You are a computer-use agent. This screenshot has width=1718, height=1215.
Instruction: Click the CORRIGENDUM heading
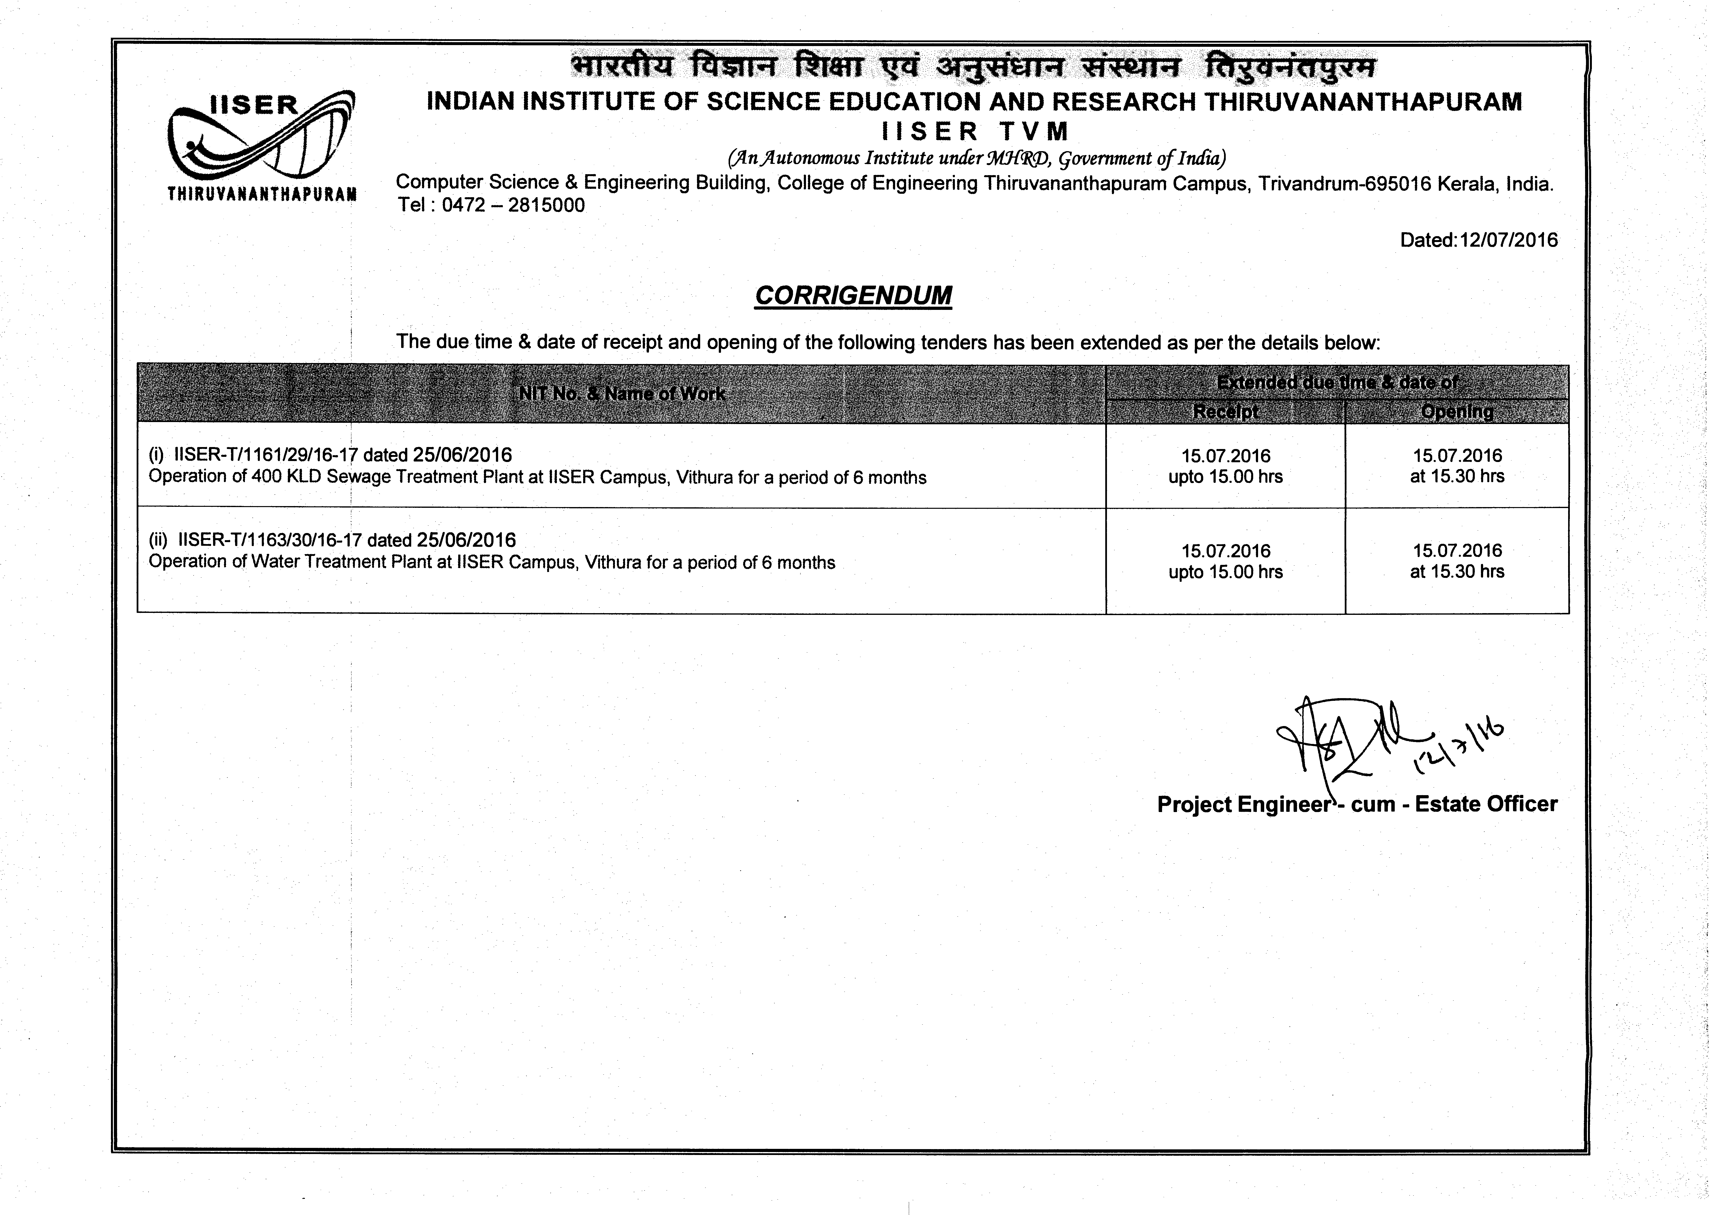coord(853,296)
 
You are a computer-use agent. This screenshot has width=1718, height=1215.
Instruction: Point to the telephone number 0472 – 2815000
coord(513,205)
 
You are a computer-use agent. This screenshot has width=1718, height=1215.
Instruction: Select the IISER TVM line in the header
coord(975,132)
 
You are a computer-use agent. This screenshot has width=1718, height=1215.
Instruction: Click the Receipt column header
coord(1226,412)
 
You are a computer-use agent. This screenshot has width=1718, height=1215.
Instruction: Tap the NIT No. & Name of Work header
coord(621,394)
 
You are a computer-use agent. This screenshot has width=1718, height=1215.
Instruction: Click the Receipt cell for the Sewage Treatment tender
coord(1226,466)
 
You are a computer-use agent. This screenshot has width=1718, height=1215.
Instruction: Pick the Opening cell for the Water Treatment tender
coord(1457,561)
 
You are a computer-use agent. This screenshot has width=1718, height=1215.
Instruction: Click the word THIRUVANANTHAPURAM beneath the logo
coord(262,195)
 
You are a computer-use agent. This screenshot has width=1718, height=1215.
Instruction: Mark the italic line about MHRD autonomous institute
coord(976,159)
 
